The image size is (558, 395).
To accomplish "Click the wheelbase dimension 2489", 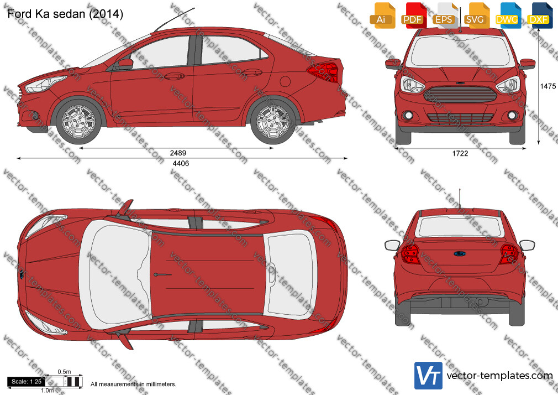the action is click(x=178, y=153).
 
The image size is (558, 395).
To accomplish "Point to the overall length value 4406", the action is click(x=181, y=163).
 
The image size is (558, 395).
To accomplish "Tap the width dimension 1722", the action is click(x=460, y=153).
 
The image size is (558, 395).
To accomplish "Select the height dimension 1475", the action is click(x=548, y=86).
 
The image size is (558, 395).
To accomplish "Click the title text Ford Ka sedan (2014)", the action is click(x=66, y=14).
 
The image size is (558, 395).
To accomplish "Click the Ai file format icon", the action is click(x=382, y=15).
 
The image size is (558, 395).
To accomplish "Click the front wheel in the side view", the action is click(x=78, y=122).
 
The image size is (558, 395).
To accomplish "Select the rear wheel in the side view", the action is click(x=273, y=122).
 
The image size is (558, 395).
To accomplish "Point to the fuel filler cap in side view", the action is click(x=285, y=81).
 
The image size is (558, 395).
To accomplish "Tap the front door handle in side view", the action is click(x=175, y=76).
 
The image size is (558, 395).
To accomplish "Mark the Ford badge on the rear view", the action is click(x=460, y=254).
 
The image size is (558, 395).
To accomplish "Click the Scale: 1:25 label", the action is click(x=27, y=382).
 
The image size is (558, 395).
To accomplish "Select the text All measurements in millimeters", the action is click(x=133, y=384).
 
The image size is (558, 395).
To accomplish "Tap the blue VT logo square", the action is click(x=429, y=376).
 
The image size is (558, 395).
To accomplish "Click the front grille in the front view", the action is click(x=460, y=94).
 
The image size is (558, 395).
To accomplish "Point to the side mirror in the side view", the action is click(x=124, y=64).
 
